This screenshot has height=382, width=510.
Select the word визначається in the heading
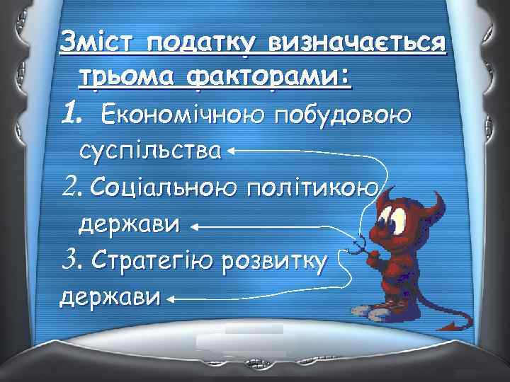(354, 44)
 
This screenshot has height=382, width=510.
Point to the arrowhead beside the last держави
(172, 299)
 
